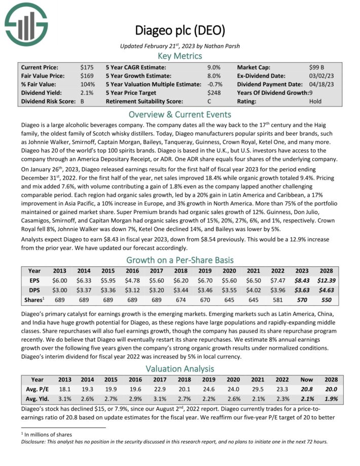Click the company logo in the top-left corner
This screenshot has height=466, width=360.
pyautogui.click(x=26, y=23)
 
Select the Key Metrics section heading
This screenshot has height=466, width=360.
pyautogui.click(x=179, y=56)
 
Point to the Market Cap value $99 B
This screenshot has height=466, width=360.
pyautogui.click(x=317, y=67)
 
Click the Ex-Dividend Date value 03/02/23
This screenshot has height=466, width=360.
pyautogui.click(x=319, y=76)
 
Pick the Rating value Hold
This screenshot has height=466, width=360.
pyautogui.click(x=315, y=101)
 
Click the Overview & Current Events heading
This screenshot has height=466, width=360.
pyautogui.click(x=179, y=114)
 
